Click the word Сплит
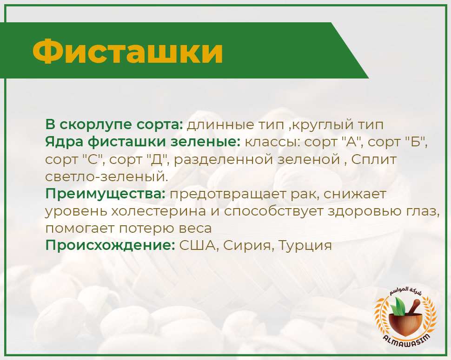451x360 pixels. (374, 159)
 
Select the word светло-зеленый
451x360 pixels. (106, 177)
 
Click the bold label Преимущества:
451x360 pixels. (105, 194)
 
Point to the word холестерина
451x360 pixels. (159, 211)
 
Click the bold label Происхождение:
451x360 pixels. (110, 246)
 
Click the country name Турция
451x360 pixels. (305, 246)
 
